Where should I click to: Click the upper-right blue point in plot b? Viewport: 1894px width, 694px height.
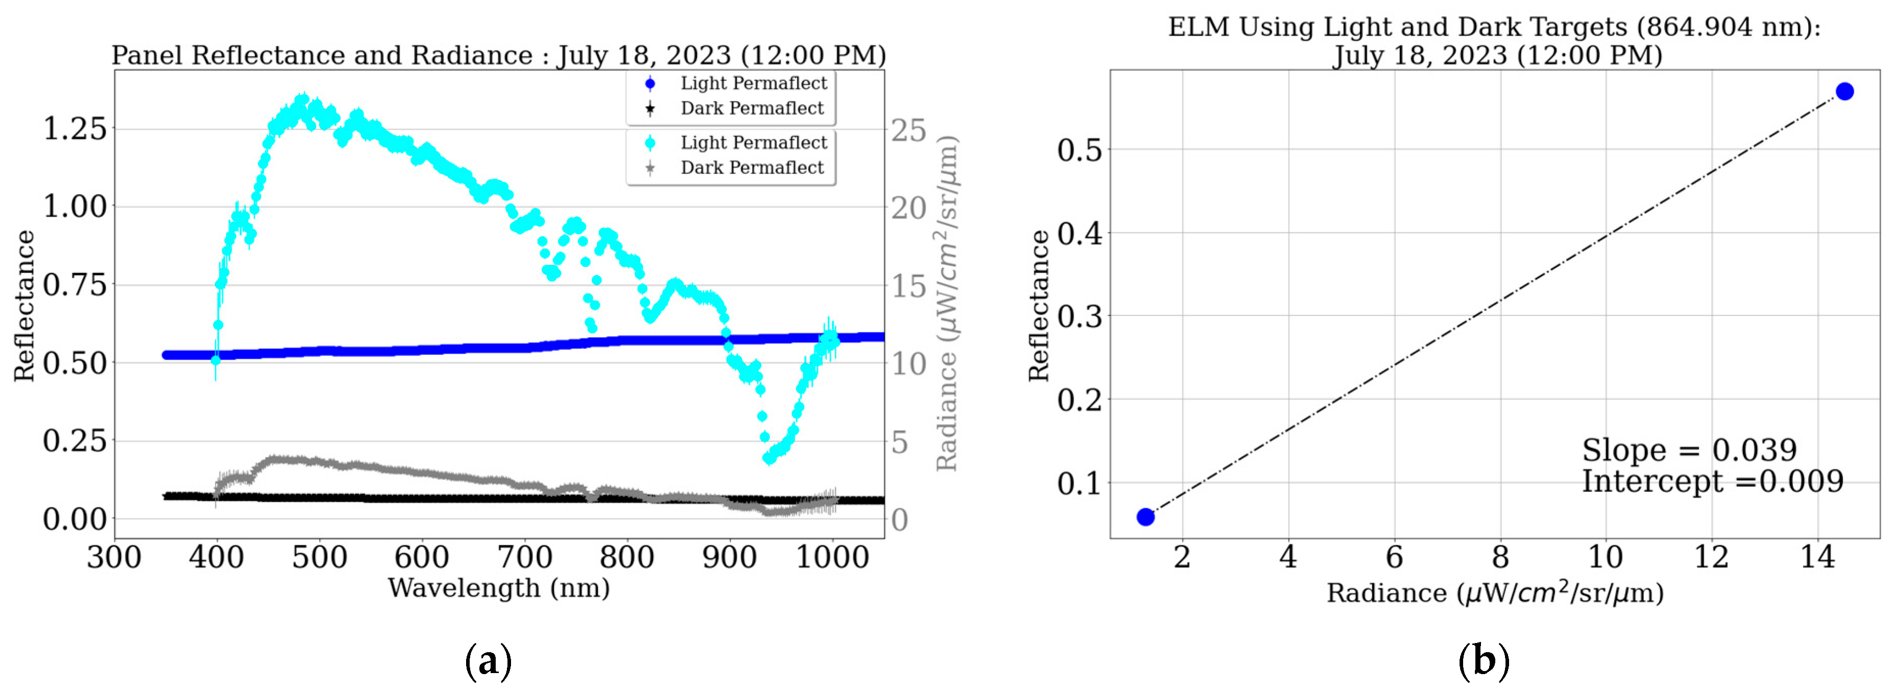click(x=1844, y=91)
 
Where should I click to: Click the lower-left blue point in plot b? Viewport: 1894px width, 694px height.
click(x=1145, y=517)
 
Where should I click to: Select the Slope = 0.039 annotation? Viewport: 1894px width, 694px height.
click(x=1689, y=450)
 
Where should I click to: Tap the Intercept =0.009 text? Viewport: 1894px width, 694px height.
click(x=1712, y=482)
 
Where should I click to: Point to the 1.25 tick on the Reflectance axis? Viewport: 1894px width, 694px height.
click(x=75, y=129)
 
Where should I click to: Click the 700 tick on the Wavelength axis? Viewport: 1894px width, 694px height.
click(x=524, y=557)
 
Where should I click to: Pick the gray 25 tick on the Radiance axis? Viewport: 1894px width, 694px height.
click(x=909, y=131)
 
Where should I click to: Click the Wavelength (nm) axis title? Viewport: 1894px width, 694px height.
click(x=498, y=588)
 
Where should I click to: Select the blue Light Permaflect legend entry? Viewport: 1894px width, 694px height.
click(x=753, y=83)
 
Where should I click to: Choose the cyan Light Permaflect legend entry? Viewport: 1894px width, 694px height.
click(x=753, y=142)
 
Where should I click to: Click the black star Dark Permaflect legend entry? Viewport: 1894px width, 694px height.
click(x=751, y=109)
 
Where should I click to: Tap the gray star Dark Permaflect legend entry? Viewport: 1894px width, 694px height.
click(x=751, y=167)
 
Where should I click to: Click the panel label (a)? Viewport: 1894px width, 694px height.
click(x=488, y=661)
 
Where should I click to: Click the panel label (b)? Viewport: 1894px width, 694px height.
click(x=1484, y=661)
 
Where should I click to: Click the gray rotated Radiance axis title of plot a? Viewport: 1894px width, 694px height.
click(x=947, y=303)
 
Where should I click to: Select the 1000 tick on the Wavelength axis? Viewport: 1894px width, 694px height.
click(x=832, y=557)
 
